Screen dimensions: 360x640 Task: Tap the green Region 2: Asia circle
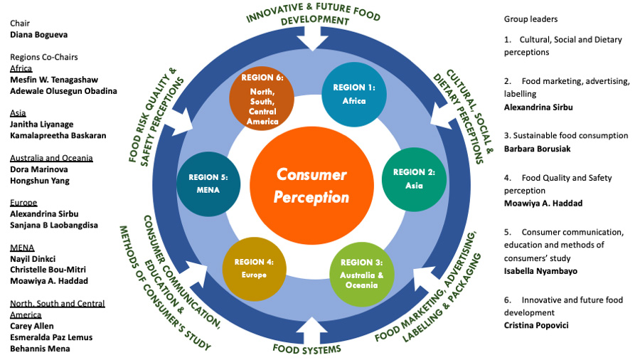413,179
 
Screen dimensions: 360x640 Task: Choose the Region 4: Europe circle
254,268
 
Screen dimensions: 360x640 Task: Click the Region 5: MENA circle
208,184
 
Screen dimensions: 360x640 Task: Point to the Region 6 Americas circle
262,100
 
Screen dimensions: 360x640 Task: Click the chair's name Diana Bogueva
39,33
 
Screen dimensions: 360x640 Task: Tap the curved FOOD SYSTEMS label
307,349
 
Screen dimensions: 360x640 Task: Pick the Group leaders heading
530,19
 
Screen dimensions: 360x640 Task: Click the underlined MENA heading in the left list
22,248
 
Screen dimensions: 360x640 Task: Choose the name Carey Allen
32,326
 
